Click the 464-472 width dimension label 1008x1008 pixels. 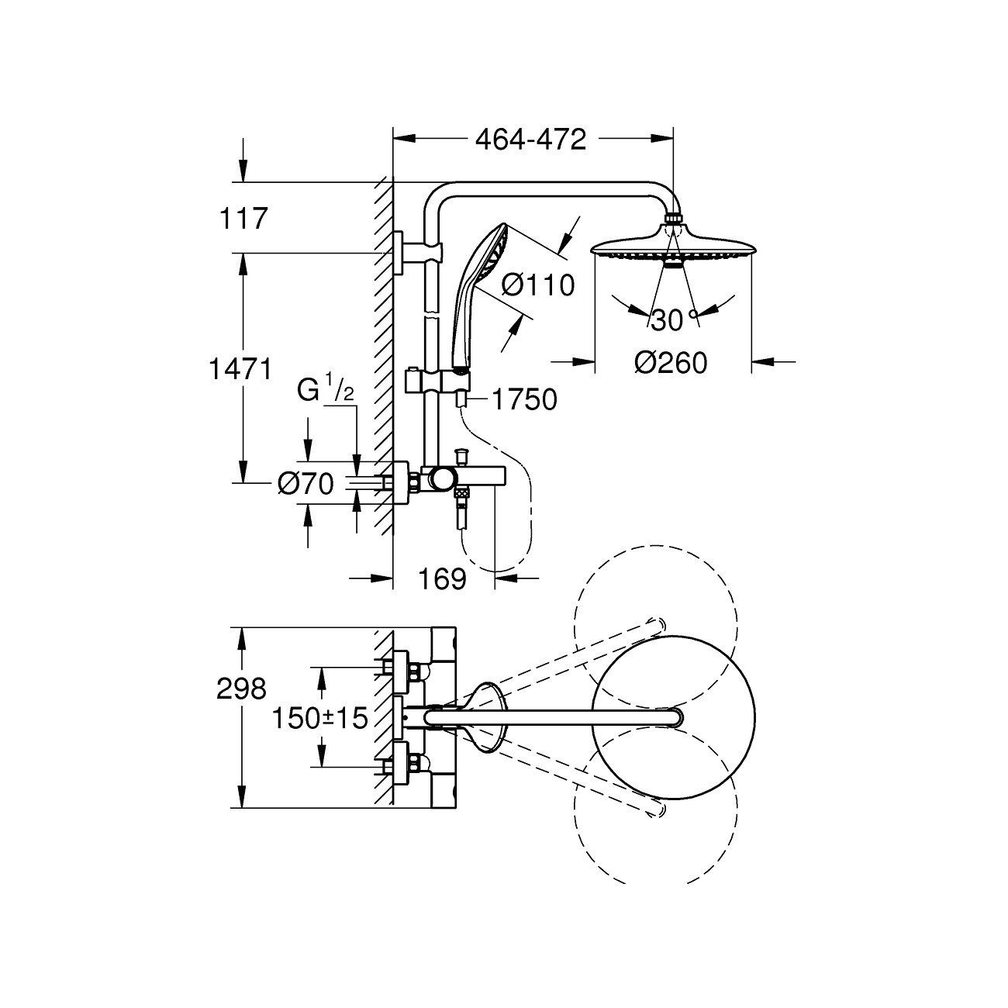pyautogui.click(x=530, y=140)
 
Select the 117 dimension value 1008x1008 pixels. pyautogui.click(x=243, y=219)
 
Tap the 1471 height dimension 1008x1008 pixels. pyautogui.click(x=240, y=369)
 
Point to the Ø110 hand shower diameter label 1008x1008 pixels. pyautogui.click(x=538, y=285)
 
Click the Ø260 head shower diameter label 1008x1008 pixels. pyautogui.click(x=671, y=363)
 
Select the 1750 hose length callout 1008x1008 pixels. pyautogui.click(x=525, y=399)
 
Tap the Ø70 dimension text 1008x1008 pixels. pyautogui.click(x=306, y=483)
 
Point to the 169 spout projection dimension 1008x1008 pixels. pyautogui.click(x=443, y=579)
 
